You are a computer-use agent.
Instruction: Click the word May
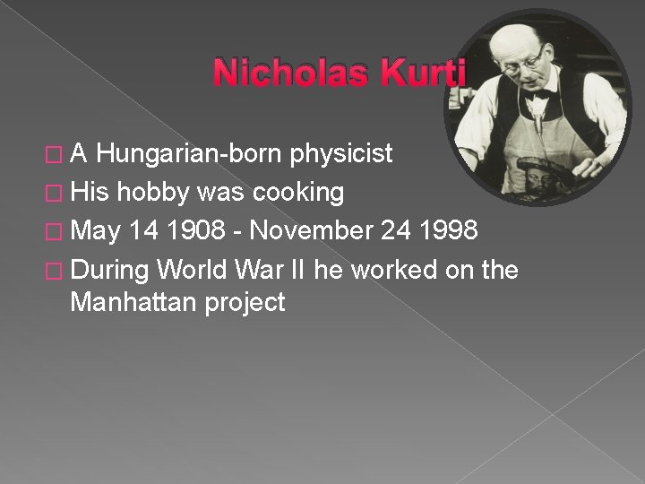coord(96,230)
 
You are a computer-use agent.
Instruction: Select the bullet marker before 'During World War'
coord(58,269)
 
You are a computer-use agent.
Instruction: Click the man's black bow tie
coord(537,94)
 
